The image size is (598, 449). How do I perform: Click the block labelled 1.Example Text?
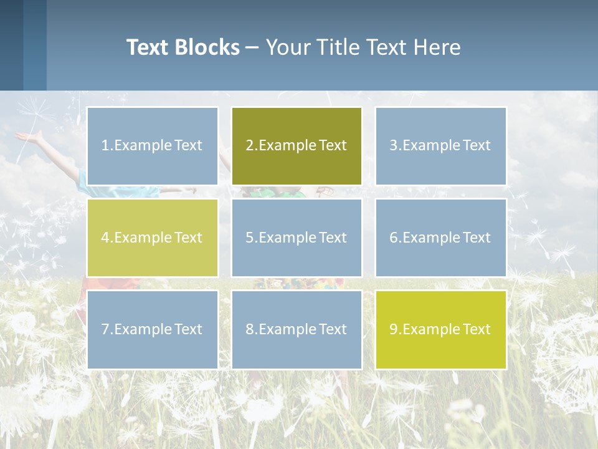(x=153, y=146)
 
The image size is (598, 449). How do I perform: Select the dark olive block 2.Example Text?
(x=297, y=146)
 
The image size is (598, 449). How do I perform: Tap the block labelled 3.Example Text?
(x=440, y=146)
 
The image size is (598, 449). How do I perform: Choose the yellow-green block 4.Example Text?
(x=153, y=238)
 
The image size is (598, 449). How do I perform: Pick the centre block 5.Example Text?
(x=297, y=238)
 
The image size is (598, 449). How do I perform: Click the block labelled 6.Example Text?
(x=440, y=238)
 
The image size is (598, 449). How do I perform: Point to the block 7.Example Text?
(x=153, y=329)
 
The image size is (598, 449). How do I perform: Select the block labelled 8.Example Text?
(x=297, y=329)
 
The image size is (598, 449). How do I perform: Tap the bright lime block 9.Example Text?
(x=440, y=329)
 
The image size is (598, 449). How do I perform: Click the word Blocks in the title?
(x=207, y=47)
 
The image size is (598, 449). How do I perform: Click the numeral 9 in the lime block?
(x=393, y=329)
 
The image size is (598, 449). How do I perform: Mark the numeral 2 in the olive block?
(x=249, y=146)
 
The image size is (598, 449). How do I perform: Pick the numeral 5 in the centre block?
(x=249, y=238)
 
